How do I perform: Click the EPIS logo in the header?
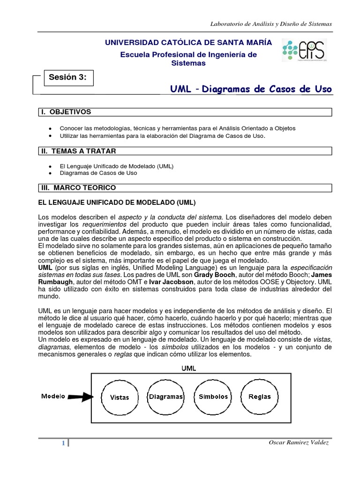tap(305, 51)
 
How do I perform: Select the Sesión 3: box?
tap(68, 78)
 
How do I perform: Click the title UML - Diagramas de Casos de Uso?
tap(250, 89)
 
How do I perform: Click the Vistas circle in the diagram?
tap(119, 397)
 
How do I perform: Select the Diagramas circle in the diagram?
tap(166, 397)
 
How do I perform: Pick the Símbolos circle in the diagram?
tap(213, 397)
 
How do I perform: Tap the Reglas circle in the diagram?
tap(260, 397)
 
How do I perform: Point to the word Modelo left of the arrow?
tap(53, 396)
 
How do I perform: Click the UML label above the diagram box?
tap(189, 368)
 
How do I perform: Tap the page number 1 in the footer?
tap(63, 443)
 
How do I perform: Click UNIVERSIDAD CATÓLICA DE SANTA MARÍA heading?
tap(188, 43)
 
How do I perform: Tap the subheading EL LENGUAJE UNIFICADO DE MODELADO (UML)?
tap(116, 202)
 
